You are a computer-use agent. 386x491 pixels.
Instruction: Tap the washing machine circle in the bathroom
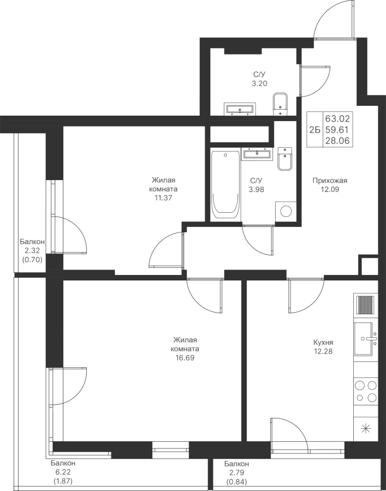point(284,210)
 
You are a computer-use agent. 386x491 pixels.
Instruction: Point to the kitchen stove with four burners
point(366,391)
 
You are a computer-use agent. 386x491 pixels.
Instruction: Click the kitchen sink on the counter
point(365,338)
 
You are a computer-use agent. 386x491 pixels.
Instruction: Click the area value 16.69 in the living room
point(185,358)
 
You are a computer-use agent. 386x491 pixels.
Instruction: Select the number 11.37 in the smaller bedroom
point(163,197)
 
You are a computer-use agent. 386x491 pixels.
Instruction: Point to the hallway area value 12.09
point(329,189)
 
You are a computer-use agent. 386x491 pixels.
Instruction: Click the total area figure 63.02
point(339,118)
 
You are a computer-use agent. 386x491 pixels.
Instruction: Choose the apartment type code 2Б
point(314,129)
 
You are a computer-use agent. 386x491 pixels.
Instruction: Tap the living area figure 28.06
point(339,140)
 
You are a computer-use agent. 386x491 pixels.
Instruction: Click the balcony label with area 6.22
point(63,472)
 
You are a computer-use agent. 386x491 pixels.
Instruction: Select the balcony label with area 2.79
point(236,472)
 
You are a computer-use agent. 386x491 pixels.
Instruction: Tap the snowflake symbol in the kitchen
point(365,428)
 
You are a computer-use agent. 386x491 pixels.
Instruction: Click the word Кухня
point(323,342)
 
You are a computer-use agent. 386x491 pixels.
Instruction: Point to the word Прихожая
point(330,181)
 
